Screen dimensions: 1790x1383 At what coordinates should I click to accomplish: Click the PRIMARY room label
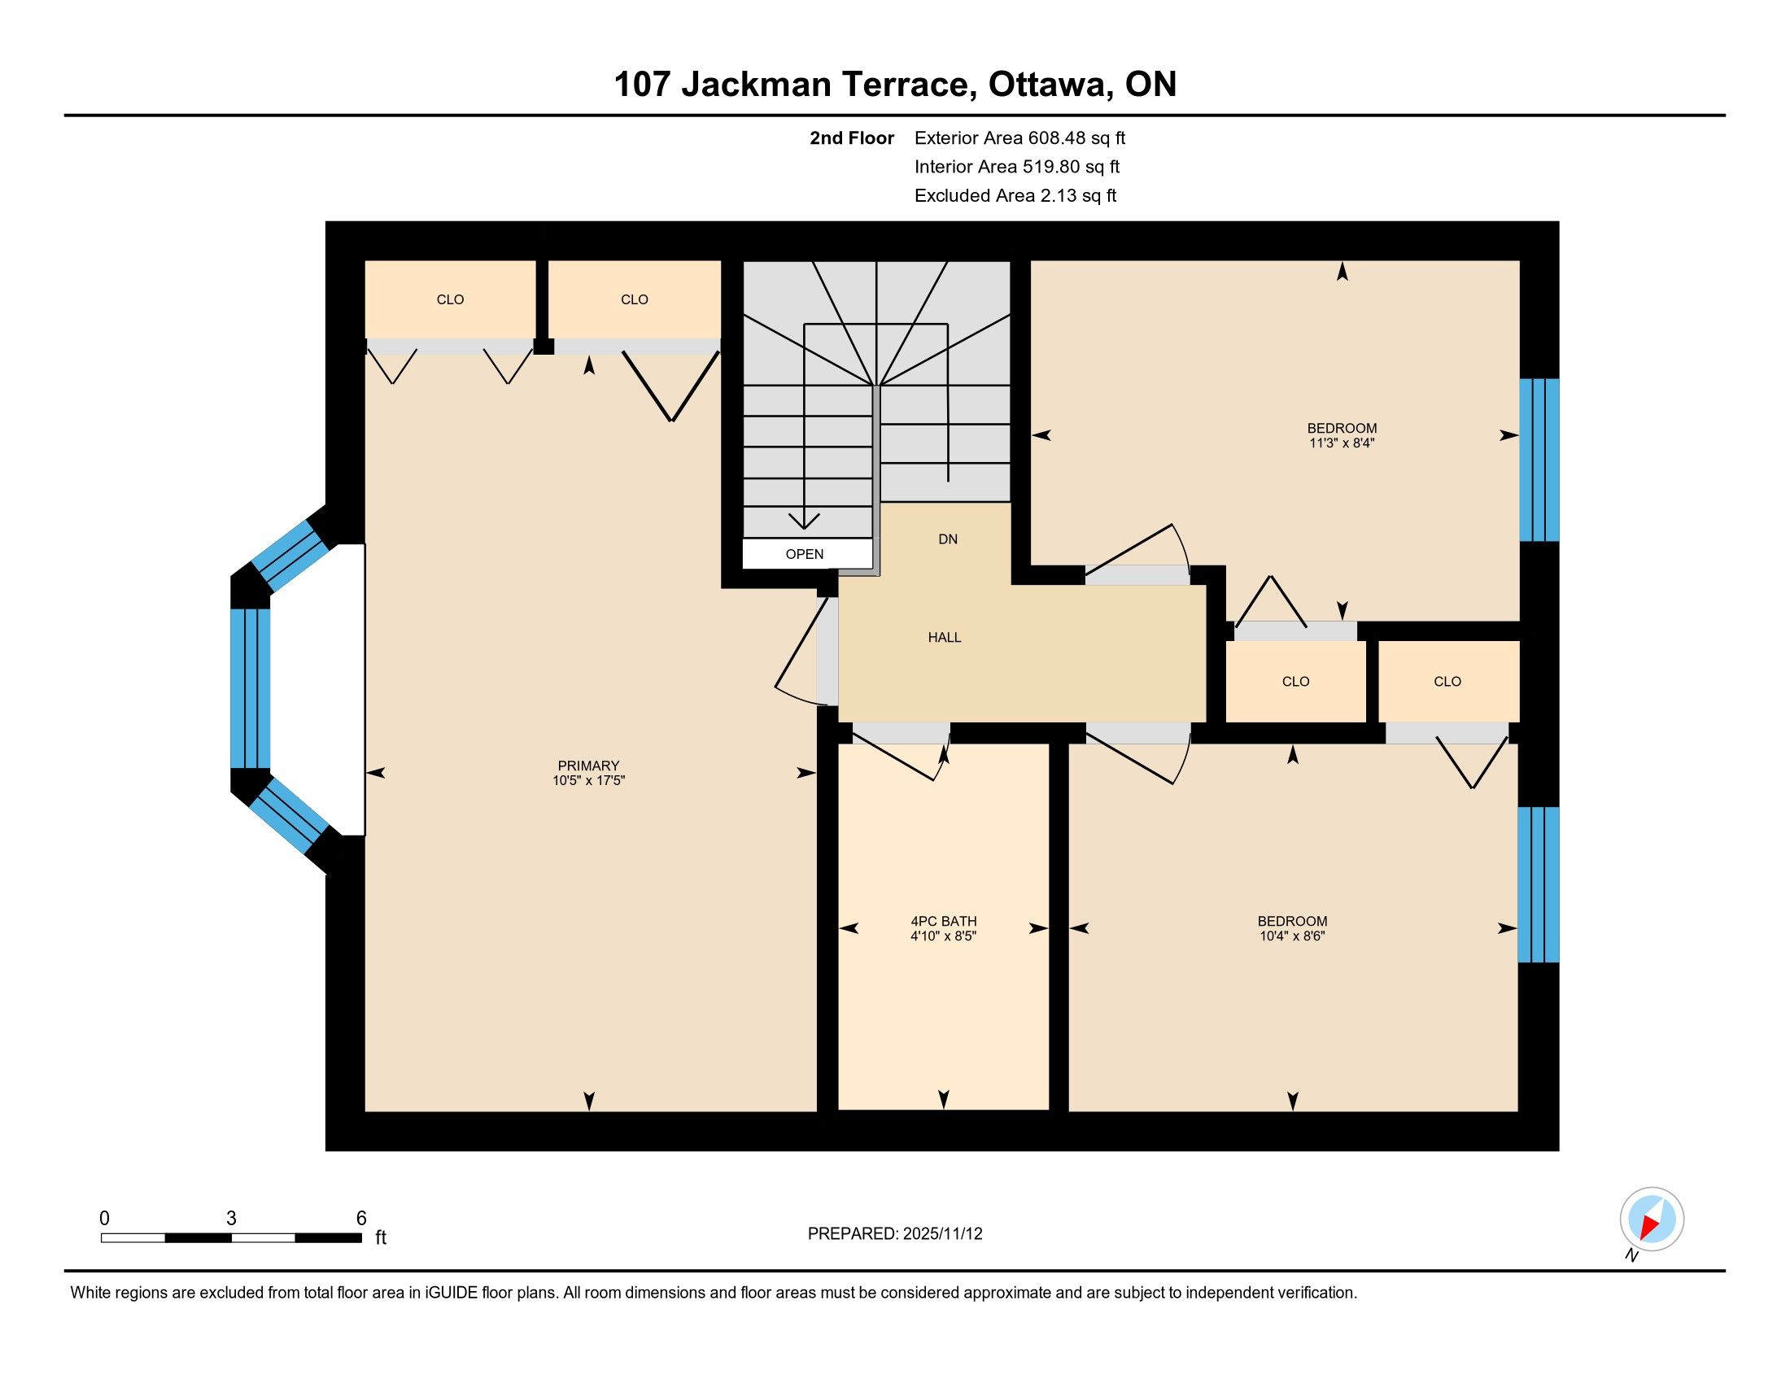click(587, 766)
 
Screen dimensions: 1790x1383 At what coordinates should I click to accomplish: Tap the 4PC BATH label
click(943, 921)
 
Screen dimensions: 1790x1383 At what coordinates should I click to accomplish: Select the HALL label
click(944, 638)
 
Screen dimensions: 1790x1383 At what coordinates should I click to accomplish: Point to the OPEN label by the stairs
click(804, 554)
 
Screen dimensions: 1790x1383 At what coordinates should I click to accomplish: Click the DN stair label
click(947, 539)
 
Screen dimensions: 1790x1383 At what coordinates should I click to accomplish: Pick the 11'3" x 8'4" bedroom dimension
click(1342, 443)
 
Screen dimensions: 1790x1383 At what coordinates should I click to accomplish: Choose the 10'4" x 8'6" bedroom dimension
click(1293, 936)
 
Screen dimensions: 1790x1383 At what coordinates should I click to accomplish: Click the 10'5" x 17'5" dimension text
click(588, 780)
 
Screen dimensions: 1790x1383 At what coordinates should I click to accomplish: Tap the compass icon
click(1652, 1219)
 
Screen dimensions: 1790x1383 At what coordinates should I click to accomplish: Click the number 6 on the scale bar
click(361, 1219)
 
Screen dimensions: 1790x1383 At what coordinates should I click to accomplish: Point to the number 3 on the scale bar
click(231, 1219)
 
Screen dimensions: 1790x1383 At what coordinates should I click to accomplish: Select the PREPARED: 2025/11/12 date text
click(895, 1234)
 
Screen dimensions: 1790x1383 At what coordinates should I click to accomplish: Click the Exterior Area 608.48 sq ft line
click(1019, 138)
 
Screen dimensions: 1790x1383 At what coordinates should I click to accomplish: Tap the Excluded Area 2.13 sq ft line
click(1015, 196)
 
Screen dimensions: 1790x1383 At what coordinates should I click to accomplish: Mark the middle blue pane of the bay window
click(250, 688)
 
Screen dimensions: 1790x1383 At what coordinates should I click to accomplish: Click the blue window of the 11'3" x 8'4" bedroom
click(1539, 460)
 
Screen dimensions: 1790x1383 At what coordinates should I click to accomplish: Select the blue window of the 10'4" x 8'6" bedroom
click(1539, 884)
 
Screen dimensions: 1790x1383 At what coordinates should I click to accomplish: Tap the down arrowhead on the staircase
click(804, 521)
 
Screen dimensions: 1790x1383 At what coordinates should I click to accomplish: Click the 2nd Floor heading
click(852, 138)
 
